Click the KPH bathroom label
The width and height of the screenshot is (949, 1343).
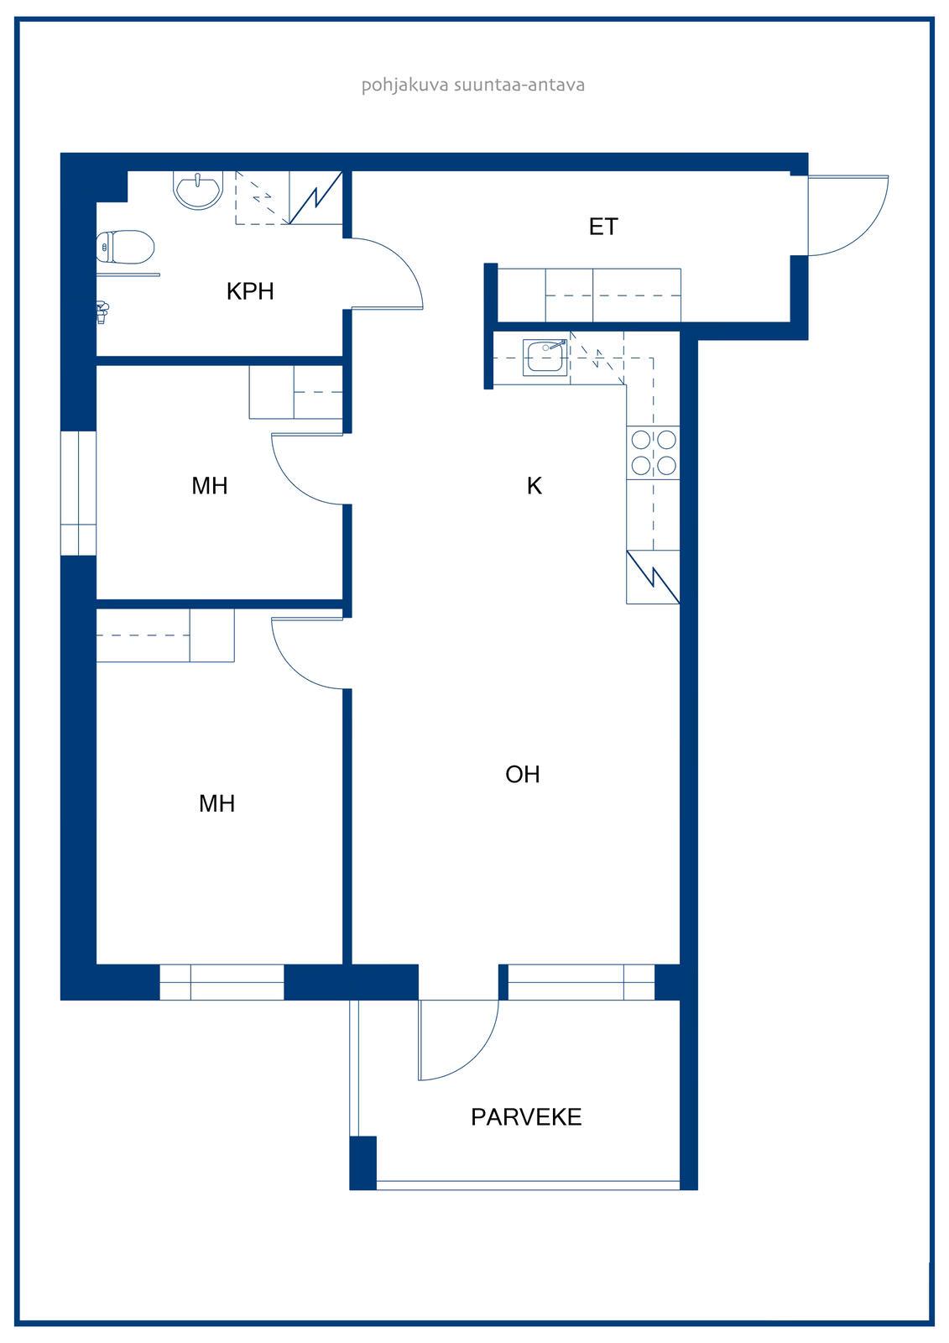(250, 291)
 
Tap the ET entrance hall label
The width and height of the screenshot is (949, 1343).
(603, 227)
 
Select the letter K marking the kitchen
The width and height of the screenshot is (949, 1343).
(534, 486)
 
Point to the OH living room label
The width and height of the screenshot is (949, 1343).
(522, 775)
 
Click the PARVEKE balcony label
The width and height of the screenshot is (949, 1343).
(526, 1117)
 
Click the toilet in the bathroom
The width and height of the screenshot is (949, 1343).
(125, 247)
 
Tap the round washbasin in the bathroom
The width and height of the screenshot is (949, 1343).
(198, 190)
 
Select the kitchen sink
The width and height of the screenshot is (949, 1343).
(545, 358)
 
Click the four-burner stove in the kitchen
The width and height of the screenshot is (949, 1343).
(653, 452)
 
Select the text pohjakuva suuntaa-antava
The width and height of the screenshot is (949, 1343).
(473, 85)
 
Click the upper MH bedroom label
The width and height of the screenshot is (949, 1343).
(209, 486)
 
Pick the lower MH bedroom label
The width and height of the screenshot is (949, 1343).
(216, 803)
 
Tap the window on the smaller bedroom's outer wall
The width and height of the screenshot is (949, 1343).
(79, 493)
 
